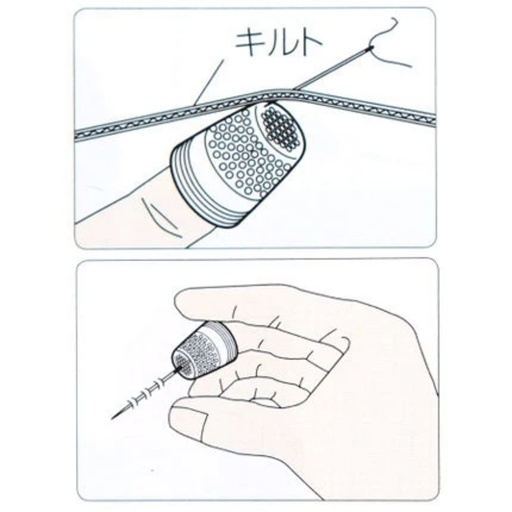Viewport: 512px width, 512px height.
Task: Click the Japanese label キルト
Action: click(279, 43)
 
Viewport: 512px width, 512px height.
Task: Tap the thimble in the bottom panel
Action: click(204, 350)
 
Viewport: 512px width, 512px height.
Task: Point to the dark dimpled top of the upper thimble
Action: click(282, 129)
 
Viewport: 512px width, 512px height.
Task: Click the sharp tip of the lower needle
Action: click(111, 419)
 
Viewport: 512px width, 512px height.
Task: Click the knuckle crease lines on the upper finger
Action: click(160, 218)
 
